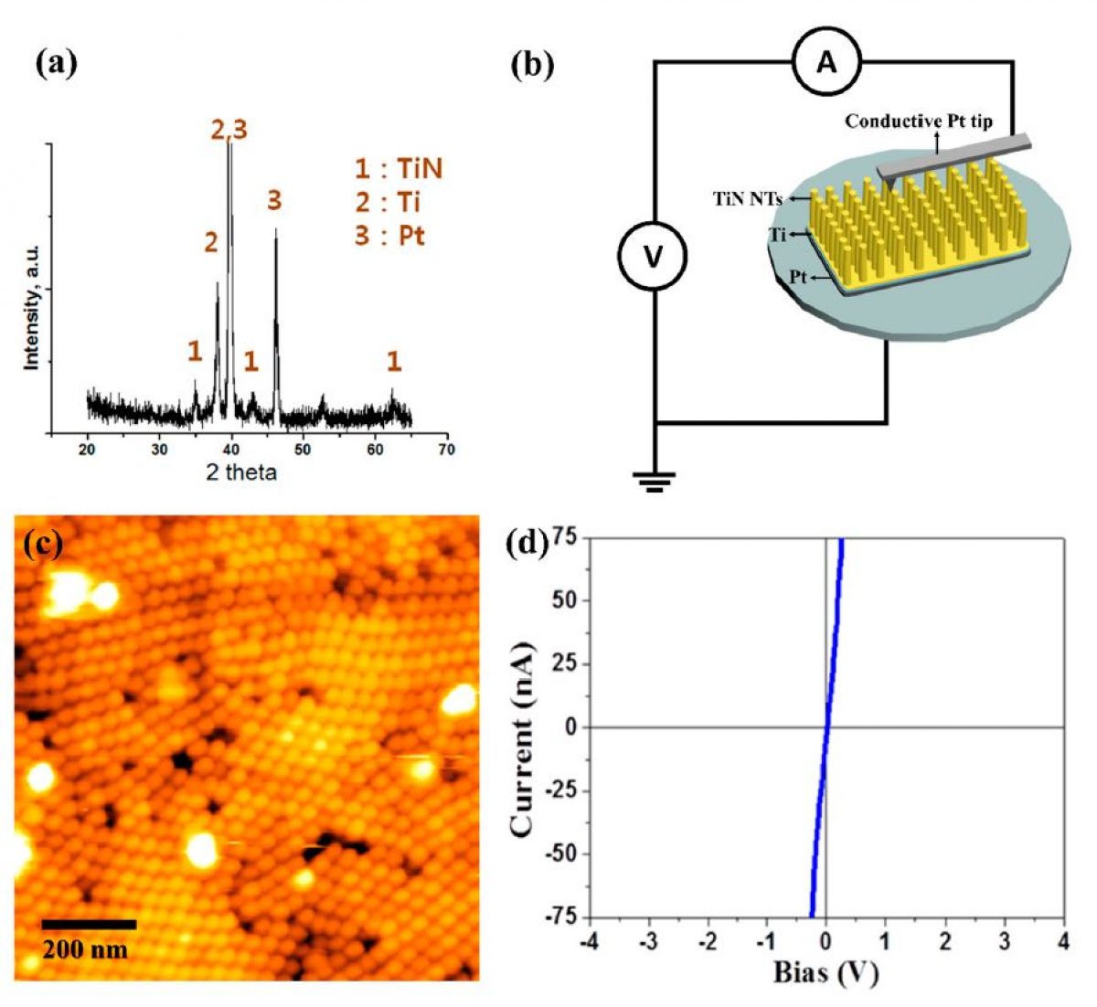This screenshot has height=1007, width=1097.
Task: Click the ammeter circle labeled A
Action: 826,62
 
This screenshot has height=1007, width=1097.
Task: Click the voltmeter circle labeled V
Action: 653,258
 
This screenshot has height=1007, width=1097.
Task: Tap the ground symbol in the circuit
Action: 655,481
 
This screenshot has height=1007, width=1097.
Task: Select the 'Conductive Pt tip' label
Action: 918,122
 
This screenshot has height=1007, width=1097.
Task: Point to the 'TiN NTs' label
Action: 747,198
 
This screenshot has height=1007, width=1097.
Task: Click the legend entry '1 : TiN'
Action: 399,169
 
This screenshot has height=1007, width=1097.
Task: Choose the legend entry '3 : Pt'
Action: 390,236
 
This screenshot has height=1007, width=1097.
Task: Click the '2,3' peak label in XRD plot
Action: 229,131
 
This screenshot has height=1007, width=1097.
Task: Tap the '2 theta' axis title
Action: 240,472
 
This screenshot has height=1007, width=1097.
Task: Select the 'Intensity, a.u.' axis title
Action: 32,306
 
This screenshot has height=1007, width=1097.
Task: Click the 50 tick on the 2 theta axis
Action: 303,450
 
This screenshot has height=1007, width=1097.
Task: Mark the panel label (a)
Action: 56,63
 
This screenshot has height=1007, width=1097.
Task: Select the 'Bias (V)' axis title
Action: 825,973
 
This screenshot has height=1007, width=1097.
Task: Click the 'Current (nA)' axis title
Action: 522,726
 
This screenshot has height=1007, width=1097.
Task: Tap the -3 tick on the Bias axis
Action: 648,942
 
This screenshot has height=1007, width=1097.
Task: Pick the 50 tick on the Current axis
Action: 567,600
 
